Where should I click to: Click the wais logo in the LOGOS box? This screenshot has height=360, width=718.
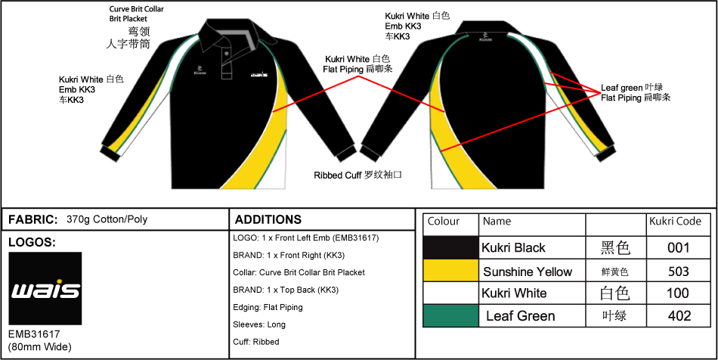(x=45, y=288)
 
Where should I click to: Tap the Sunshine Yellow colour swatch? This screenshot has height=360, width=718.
(x=450, y=271)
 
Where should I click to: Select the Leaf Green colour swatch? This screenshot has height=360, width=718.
(x=450, y=315)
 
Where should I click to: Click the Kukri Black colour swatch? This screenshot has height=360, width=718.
(x=450, y=247)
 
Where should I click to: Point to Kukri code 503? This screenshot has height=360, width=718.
(x=678, y=271)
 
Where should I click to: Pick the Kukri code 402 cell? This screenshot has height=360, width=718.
(x=678, y=315)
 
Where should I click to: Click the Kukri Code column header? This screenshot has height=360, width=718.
(x=675, y=222)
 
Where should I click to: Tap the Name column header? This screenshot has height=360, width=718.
(x=497, y=222)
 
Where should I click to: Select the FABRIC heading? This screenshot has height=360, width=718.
(x=33, y=219)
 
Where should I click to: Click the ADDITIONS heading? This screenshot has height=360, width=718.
(x=268, y=219)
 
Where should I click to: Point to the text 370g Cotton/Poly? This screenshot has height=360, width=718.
(x=107, y=219)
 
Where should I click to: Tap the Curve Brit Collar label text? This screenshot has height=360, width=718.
(x=137, y=9)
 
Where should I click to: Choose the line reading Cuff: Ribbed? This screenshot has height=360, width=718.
(x=256, y=342)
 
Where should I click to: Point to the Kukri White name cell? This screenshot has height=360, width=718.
(x=514, y=293)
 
